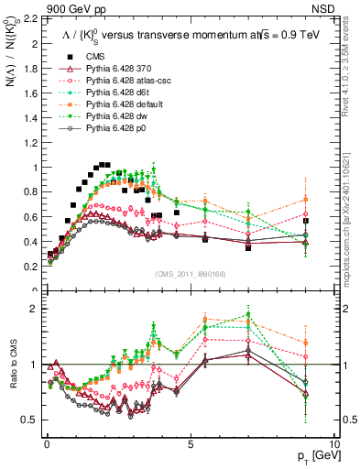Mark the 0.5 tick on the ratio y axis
(30, 420)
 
